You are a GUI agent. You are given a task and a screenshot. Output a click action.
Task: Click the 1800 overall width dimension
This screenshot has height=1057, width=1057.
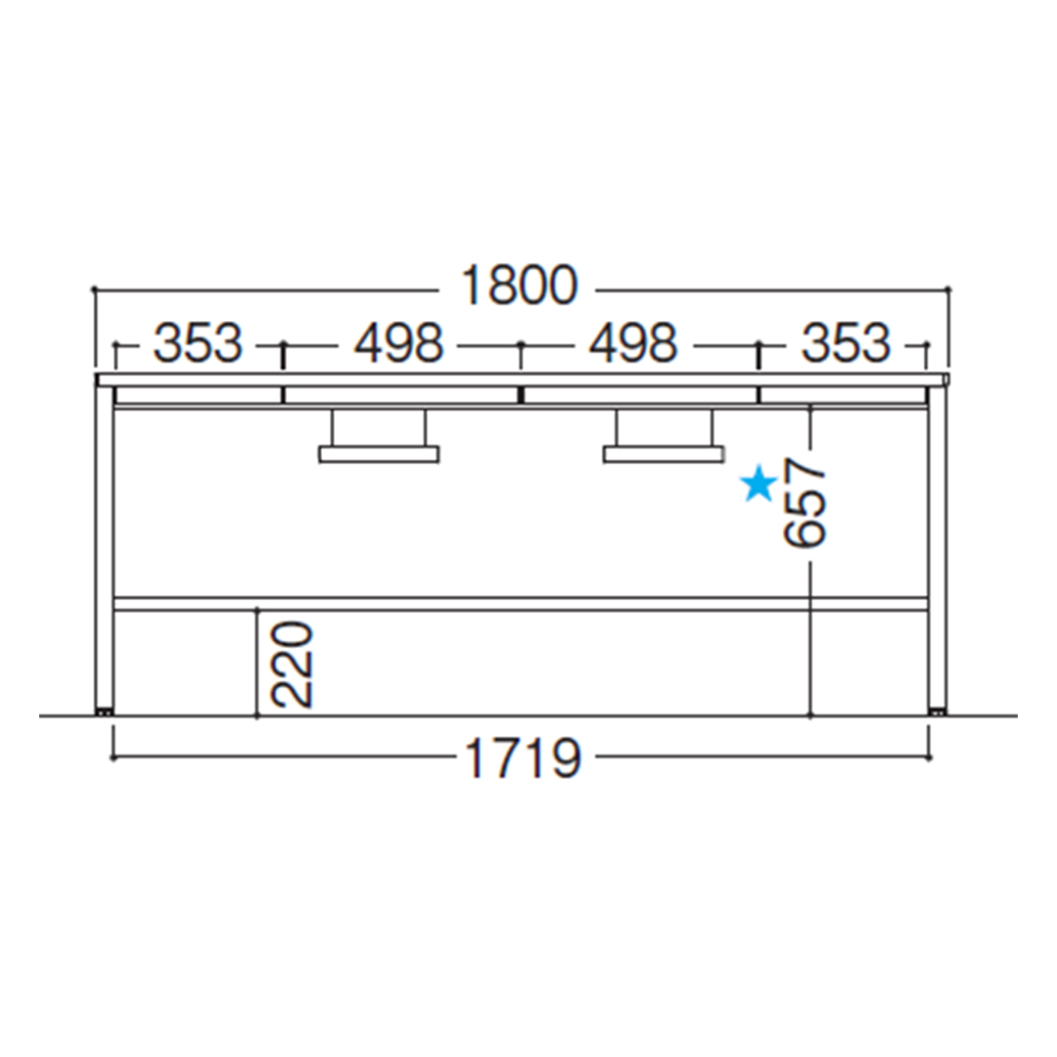[x=520, y=286]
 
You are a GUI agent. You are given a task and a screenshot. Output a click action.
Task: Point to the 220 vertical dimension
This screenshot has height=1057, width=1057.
[x=292, y=665]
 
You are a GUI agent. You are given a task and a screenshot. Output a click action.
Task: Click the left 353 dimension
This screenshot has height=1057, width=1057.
[x=198, y=343]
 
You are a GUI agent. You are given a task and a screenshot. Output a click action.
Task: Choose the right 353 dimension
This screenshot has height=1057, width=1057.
[x=846, y=343]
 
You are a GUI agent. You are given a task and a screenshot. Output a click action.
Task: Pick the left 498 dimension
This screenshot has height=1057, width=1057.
[x=399, y=343]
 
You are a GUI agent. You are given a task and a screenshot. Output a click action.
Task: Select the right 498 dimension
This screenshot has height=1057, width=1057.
[x=633, y=343]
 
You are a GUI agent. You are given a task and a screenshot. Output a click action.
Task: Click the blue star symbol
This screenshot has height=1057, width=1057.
[x=759, y=484]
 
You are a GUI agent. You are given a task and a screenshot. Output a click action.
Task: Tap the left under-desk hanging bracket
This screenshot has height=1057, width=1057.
[x=379, y=437]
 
